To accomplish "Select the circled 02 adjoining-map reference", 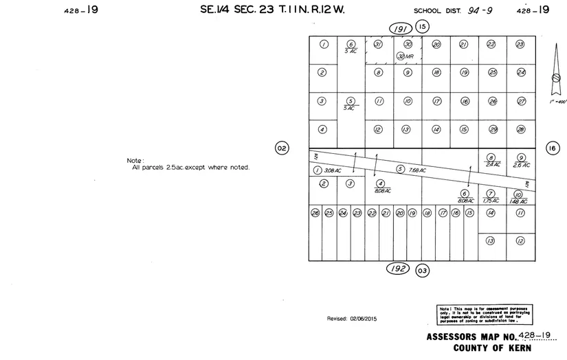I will pos(281,148).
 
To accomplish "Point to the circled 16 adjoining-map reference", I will pos(553,148).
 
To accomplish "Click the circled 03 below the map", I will pos(423,271).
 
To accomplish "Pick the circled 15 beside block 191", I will pos(422,27).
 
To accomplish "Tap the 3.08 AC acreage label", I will pos(333,170).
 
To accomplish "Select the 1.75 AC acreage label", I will pos(491,201).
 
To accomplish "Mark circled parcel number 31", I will pos(378,44).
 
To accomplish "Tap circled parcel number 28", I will pos(521,129).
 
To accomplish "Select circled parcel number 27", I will pos(521,101).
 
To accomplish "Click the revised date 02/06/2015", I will pos(352,319).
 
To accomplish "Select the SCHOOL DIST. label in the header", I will pos(438,11).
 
